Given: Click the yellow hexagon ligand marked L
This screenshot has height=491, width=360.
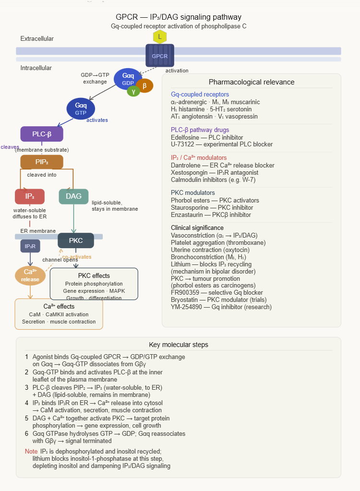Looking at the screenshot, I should pos(160,37).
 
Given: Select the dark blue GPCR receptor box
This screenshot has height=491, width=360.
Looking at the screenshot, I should pos(160,56).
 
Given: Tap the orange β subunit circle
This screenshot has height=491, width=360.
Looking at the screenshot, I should pos(144,85).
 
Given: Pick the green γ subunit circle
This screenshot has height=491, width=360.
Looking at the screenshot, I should pos(133,91).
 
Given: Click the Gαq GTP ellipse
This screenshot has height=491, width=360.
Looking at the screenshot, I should pos(81,108).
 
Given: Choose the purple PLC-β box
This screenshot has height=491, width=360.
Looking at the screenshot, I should pos(42,134).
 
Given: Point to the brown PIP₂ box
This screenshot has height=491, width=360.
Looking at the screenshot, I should pos(42,162).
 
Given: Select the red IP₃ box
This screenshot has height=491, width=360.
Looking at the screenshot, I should pos(30,196).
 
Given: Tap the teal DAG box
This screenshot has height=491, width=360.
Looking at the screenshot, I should pos(73,196).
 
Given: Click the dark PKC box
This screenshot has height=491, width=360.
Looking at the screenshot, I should pos(76,240).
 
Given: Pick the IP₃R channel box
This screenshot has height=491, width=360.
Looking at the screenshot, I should pos(30,246).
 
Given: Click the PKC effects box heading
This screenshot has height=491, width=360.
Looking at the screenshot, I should pos(94,275).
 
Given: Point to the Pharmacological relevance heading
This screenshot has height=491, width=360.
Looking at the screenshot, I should pos(252,82).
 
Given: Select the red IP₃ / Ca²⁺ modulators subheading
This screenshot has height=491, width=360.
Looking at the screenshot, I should pos(199,158).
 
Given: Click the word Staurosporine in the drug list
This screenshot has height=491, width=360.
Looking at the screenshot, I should pos(188,208).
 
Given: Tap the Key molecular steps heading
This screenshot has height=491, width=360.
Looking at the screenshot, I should pos(179,345).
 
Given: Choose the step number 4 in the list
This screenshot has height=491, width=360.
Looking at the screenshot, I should pos(27,403).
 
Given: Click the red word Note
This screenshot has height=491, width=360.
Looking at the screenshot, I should pos(31,452).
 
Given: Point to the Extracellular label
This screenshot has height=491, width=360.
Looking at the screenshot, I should pos(37,38).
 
